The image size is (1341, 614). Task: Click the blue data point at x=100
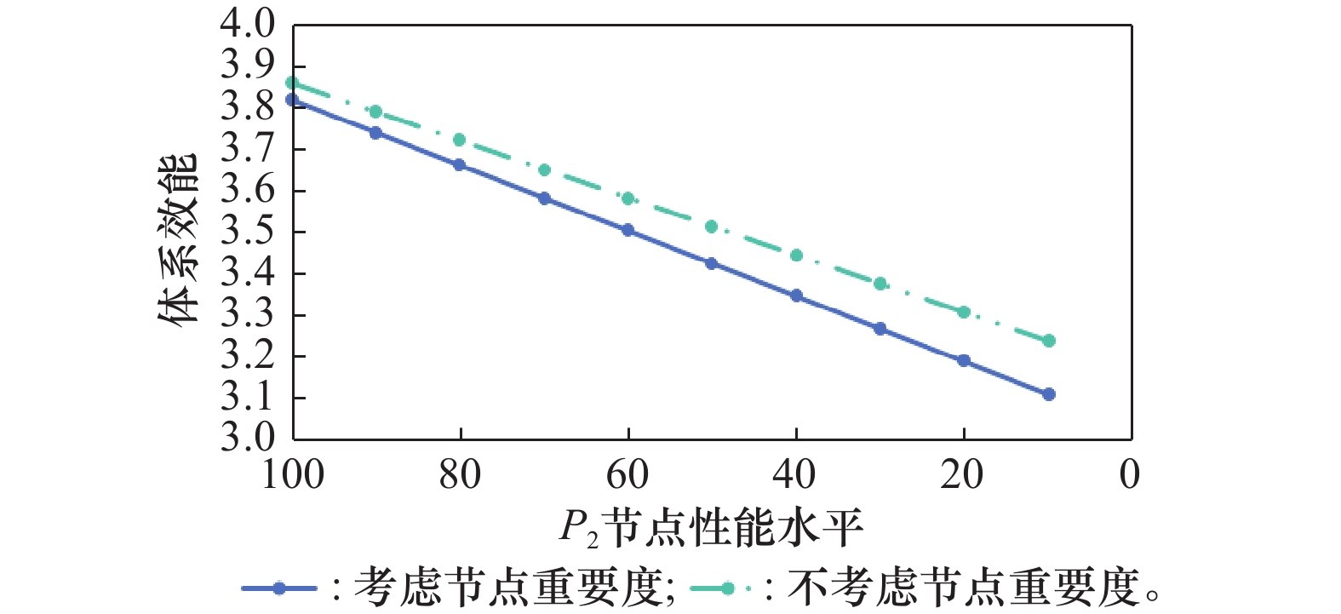(292, 100)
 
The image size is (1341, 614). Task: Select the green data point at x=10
(1048, 341)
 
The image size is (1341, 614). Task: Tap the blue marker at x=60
(628, 230)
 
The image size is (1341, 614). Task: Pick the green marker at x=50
(712, 227)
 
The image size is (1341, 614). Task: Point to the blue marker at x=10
(1048, 394)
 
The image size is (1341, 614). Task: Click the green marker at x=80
(460, 140)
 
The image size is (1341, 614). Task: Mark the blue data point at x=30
(880, 329)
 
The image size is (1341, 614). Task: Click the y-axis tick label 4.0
(247, 24)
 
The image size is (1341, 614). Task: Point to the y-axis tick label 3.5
(247, 232)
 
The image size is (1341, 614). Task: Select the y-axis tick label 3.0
(247, 438)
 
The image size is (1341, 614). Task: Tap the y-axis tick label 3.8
(247, 107)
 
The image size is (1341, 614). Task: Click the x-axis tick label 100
(292, 475)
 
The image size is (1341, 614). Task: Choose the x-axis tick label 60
(628, 475)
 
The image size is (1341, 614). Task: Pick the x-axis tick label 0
(1130, 475)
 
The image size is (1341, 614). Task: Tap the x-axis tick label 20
(962, 475)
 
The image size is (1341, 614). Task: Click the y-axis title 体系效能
(178, 240)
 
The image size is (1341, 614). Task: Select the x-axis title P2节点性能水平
(711, 528)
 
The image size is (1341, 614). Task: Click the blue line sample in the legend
(278, 588)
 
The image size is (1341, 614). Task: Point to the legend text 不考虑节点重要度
(962, 588)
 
